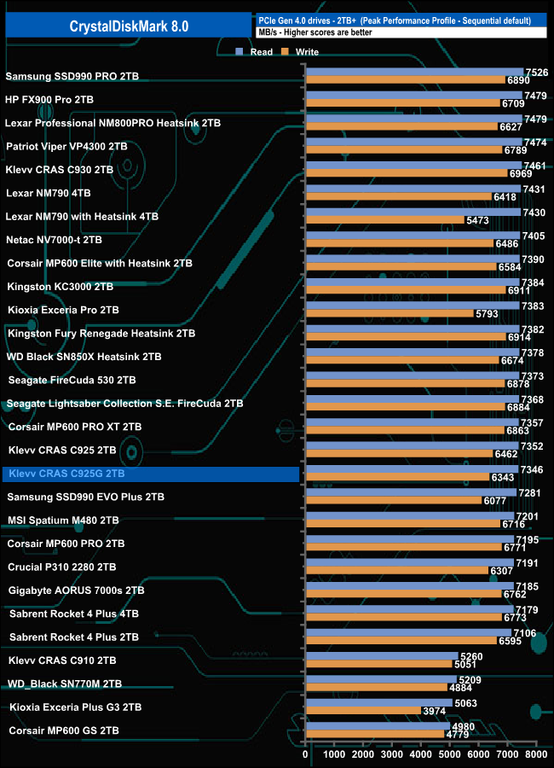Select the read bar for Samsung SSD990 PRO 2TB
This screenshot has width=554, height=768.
click(414, 72)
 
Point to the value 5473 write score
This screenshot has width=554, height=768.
click(476, 221)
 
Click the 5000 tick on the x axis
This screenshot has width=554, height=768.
click(449, 754)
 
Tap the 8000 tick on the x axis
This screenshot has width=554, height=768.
click(535, 754)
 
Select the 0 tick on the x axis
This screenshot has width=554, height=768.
click(306, 754)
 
